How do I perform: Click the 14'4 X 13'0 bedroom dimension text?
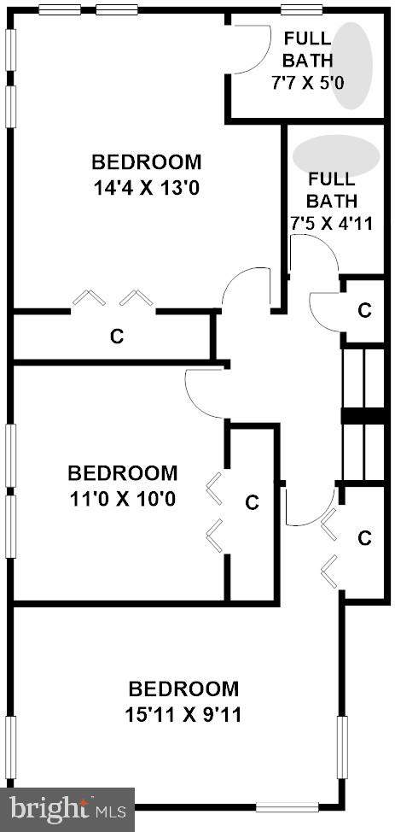coord(147,187)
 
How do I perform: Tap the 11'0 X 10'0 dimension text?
coord(123,498)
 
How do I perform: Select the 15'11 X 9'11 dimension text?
coord(184,714)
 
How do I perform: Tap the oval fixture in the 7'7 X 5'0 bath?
coord(351,65)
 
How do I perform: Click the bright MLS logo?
coord(67,808)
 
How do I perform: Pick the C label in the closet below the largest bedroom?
coord(117,337)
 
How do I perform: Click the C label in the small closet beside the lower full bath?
coord(364,309)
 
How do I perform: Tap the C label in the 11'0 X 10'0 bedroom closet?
coord(252,502)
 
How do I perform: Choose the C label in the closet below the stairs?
coord(364,537)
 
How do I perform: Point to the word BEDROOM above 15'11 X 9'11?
coord(183,688)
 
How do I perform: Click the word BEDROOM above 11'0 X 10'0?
coord(123,472)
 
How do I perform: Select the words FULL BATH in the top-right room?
coord(308,49)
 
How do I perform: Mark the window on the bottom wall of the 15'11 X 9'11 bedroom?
coord(288,806)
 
